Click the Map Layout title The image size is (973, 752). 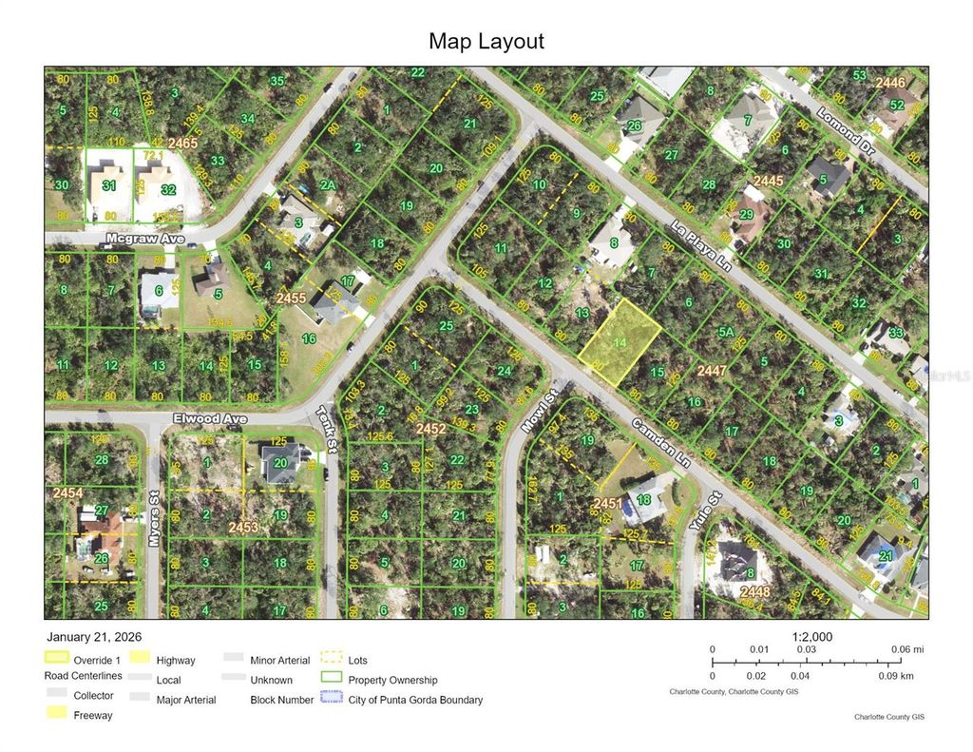pyautogui.click(x=486, y=42)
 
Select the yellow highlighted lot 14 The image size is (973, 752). pyautogui.click(x=620, y=343)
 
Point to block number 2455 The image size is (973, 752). pyautogui.click(x=291, y=299)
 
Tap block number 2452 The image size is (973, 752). pyautogui.click(x=430, y=429)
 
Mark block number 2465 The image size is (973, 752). pyautogui.click(x=182, y=144)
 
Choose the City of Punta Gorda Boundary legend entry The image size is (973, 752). pyautogui.click(x=415, y=700)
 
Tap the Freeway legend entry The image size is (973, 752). pyautogui.click(x=93, y=715)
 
